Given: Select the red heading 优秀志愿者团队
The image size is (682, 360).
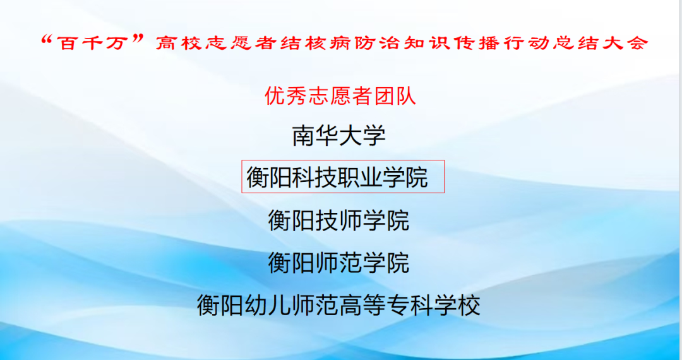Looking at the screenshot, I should (340, 97).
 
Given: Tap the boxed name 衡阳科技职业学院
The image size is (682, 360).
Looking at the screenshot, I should (337, 177).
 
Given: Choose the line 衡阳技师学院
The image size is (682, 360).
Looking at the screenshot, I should (338, 220).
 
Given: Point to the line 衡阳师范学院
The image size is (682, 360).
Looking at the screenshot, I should (338, 263).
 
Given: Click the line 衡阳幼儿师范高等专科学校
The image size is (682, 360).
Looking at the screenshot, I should (338, 306).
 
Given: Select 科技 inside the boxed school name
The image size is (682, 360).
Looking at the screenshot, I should (304, 177).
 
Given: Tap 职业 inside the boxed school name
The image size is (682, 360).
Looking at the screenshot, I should (349, 177).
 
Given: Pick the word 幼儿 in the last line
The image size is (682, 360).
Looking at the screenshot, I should (255, 306).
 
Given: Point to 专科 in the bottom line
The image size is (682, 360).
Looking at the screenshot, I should (397, 306).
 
